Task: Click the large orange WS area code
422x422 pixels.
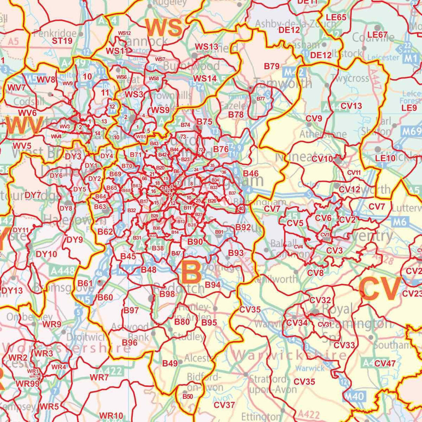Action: coord(164,28)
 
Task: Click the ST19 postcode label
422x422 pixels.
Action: coord(62,41)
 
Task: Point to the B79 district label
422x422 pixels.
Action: coord(272,66)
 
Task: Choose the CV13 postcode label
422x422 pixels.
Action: coord(352,106)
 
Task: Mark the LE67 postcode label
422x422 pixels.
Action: coord(377,35)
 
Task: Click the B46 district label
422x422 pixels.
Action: coord(251,173)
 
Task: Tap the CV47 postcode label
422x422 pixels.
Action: coord(385,363)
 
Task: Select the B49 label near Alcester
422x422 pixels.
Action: coord(170,363)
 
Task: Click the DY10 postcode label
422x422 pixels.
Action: coord(46,254)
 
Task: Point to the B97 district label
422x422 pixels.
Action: coord(131,310)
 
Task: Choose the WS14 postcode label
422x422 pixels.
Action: coord(205,78)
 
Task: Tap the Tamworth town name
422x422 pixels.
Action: coord(283,83)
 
